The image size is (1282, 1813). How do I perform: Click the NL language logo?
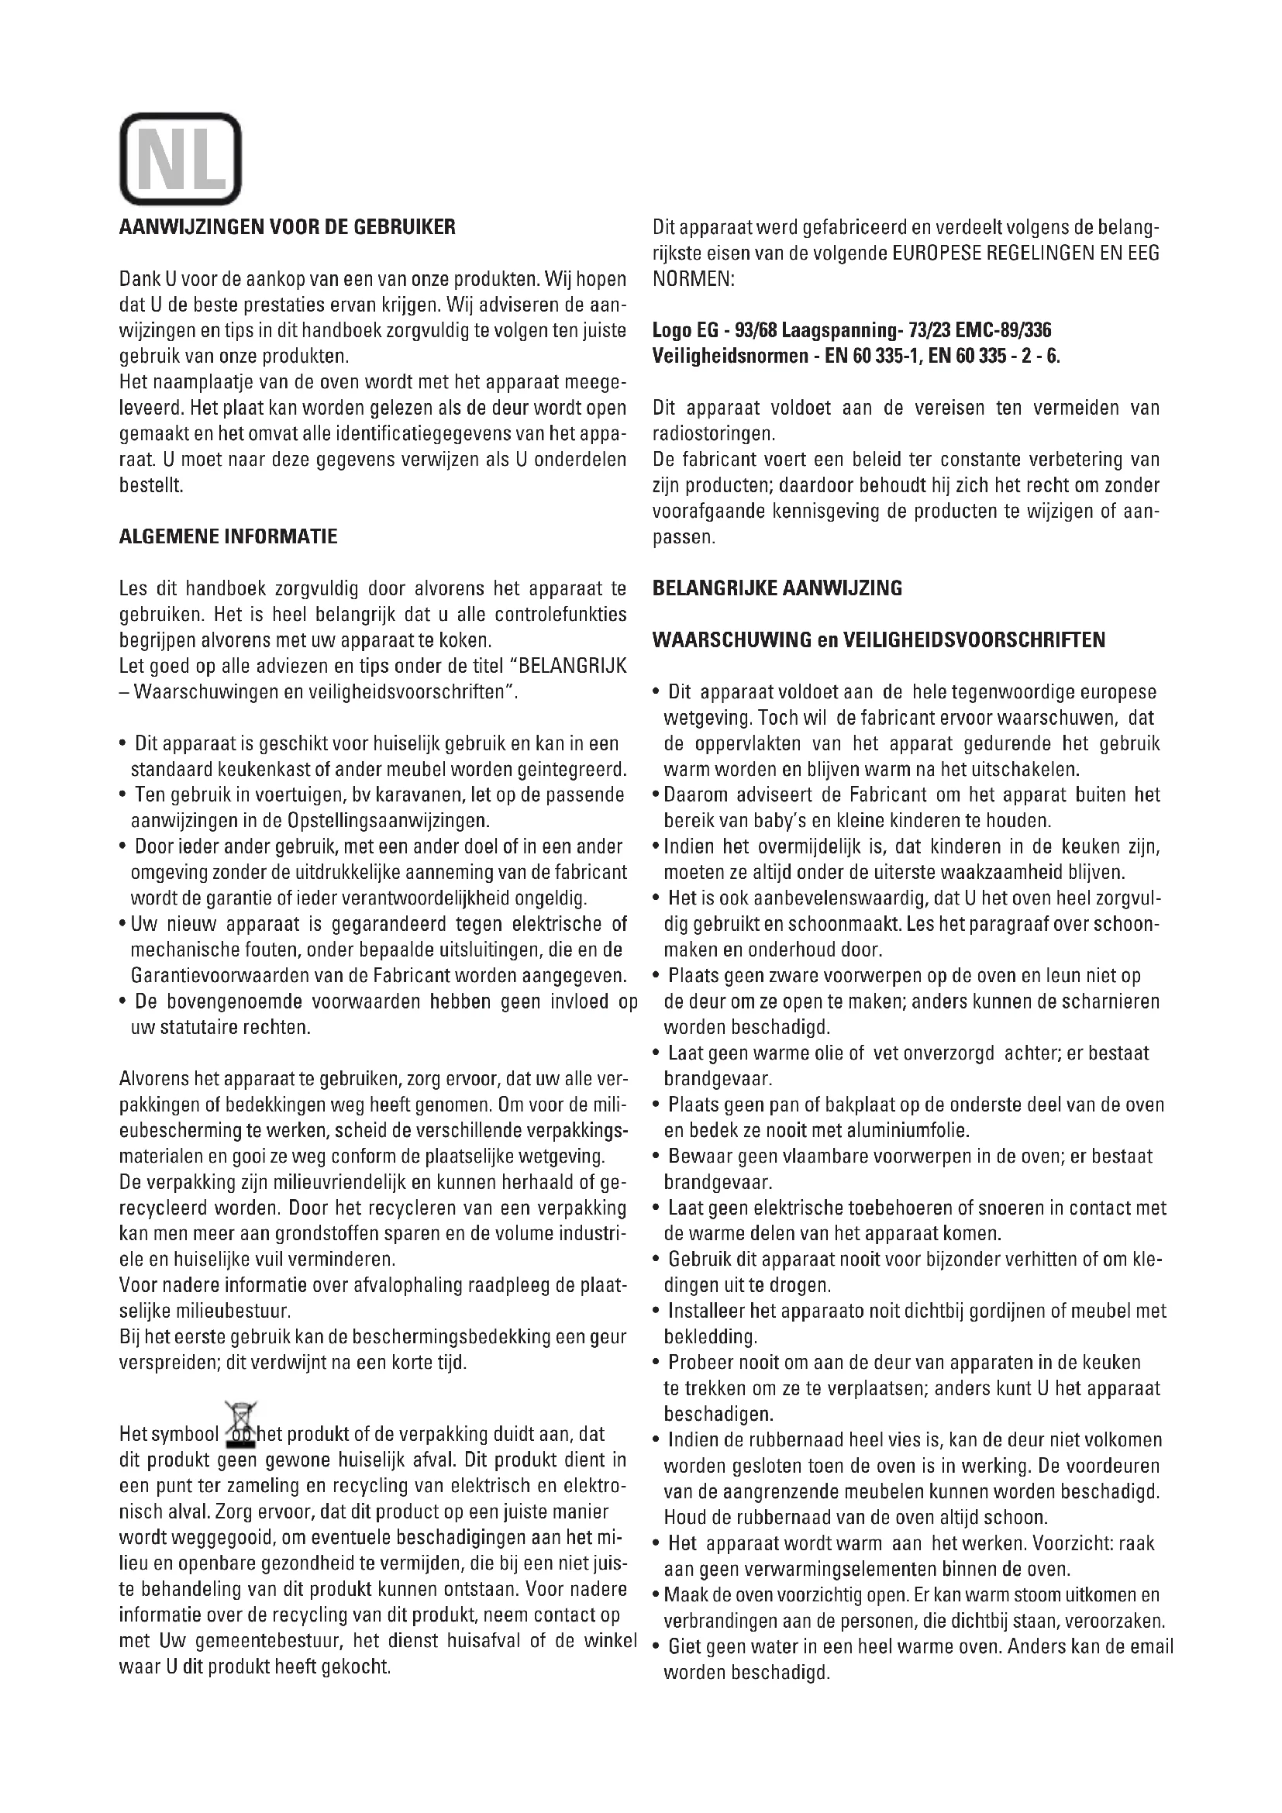click(x=180, y=159)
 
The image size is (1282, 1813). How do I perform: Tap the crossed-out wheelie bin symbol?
click(x=242, y=1422)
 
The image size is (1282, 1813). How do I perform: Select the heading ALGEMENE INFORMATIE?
click(x=227, y=537)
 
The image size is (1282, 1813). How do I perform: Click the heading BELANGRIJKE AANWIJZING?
click(x=777, y=588)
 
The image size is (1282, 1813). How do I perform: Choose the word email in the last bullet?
click(x=1151, y=1647)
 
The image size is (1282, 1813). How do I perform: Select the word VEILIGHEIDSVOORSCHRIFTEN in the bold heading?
click(x=974, y=639)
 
